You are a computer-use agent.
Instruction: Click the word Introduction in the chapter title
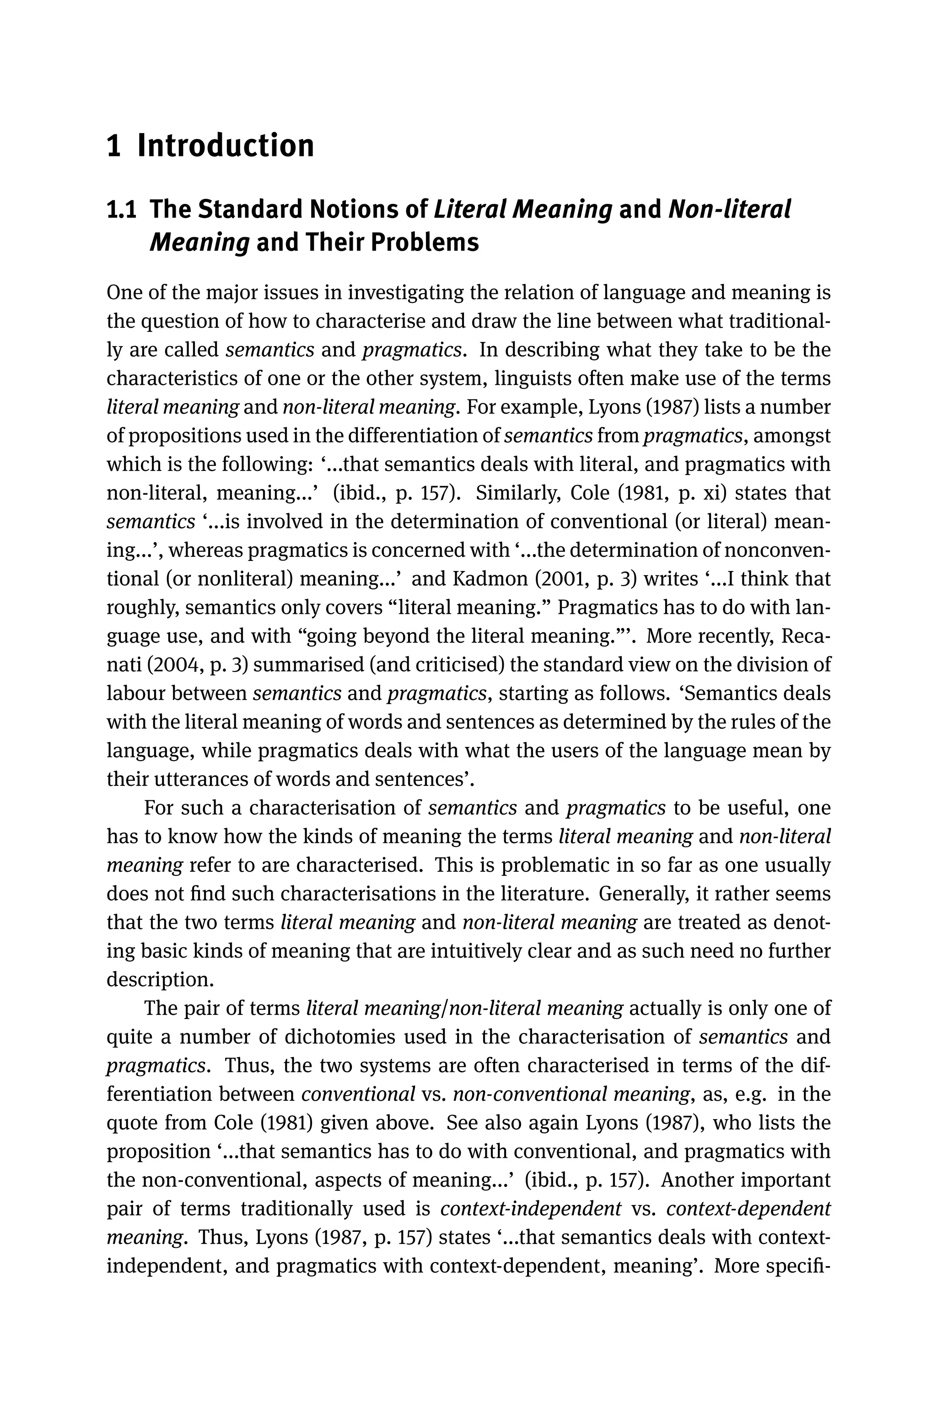point(225,146)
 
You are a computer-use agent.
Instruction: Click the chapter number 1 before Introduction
point(113,146)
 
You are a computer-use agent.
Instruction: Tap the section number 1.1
point(120,210)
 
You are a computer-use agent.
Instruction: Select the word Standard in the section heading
point(249,210)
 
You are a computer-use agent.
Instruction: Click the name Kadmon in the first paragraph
point(490,579)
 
